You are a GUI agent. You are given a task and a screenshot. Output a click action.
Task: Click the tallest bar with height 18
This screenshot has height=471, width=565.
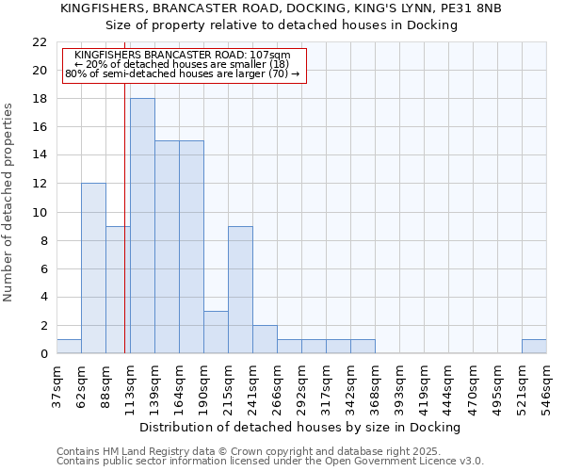click(142, 226)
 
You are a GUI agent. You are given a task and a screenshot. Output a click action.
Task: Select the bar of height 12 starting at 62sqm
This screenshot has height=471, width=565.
click(93, 268)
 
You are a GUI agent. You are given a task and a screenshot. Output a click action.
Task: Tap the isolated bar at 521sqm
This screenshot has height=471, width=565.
click(534, 347)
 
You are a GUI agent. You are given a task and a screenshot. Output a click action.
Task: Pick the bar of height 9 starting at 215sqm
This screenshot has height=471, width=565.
click(240, 290)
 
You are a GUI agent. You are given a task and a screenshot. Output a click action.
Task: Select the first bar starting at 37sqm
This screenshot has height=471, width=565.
click(69, 347)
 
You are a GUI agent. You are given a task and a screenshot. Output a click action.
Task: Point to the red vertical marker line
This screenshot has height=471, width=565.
click(124, 235)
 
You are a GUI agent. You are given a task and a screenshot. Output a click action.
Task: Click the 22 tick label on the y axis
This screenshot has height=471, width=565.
click(40, 42)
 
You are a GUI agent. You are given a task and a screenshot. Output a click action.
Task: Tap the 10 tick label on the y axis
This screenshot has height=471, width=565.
click(40, 213)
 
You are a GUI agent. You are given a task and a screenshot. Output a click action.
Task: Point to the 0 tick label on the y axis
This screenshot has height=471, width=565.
click(43, 354)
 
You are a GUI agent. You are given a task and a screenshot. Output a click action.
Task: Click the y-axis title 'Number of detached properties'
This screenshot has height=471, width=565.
click(9, 203)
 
